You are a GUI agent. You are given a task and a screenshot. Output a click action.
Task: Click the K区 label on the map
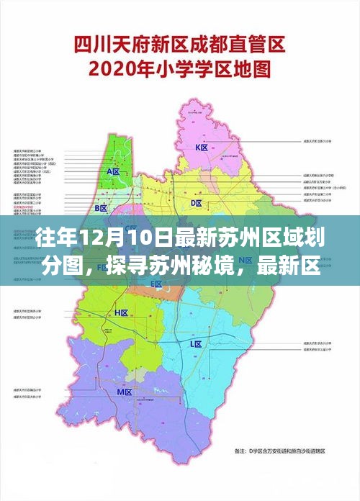tap(202, 148)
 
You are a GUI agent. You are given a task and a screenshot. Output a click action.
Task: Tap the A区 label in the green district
tap(113, 171)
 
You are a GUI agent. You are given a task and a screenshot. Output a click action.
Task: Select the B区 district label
tap(101, 208)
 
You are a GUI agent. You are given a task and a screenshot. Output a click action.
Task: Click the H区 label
tap(121, 313)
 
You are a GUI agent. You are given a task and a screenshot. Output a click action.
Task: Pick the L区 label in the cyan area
tap(196, 344)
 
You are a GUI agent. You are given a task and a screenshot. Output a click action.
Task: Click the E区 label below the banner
tap(156, 284)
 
